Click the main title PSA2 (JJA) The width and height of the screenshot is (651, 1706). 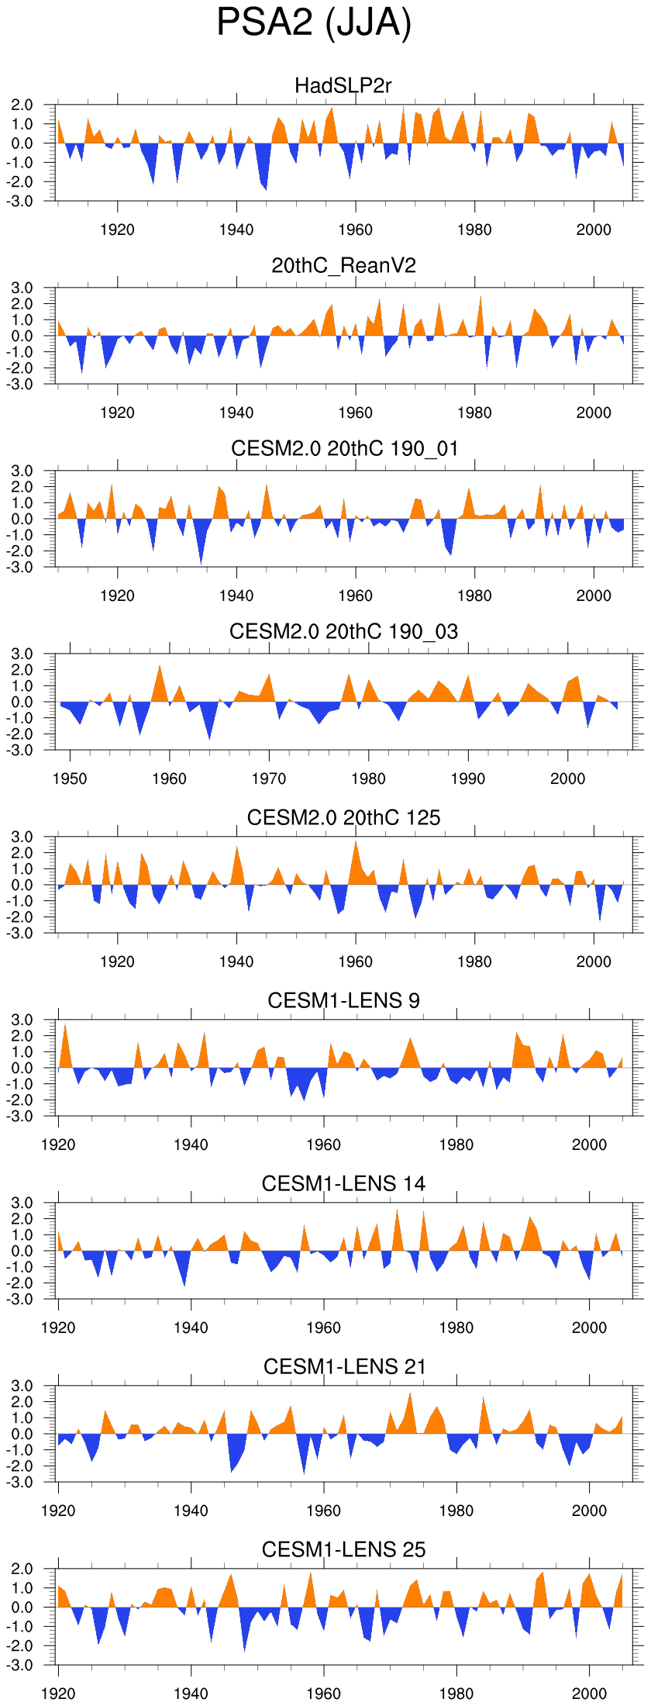pyautogui.click(x=314, y=23)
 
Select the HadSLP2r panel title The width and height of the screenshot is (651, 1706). pyautogui.click(x=343, y=85)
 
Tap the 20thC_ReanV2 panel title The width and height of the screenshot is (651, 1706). pyautogui.click(x=343, y=266)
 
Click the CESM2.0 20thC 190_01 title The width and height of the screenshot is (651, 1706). pyautogui.click(x=344, y=448)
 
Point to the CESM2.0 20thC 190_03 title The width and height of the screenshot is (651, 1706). pyautogui.click(x=343, y=632)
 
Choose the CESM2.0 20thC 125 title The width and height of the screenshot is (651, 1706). pyautogui.click(x=343, y=817)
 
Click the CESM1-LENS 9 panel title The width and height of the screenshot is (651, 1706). pyautogui.click(x=343, y=1000)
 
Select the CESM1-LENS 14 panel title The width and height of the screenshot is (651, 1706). pyautogui.click(x=343, y=1183)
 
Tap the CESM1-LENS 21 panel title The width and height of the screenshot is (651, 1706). pyautogui.click(x=344, y=1366)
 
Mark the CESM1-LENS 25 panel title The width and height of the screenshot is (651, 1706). pyautogui.click(x=343, y=1549)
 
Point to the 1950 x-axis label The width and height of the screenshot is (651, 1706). pyautogui.click(x=70, y=779)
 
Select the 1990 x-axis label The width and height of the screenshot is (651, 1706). pyautogui.click(x=468, y=779)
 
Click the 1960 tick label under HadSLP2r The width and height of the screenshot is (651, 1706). pyautogui.click(x=356, y=230)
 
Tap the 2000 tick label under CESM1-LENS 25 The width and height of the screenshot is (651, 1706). pyautogui.click(x=589, y=1694)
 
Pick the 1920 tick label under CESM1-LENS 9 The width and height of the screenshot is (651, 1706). pyautogui.click(x=58, y=1145)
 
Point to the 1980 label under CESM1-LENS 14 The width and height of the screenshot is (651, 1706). pyautogui.click(x=456, y=1328)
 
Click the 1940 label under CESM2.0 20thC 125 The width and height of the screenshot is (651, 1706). pyautogui.click(x=236, y=962)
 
